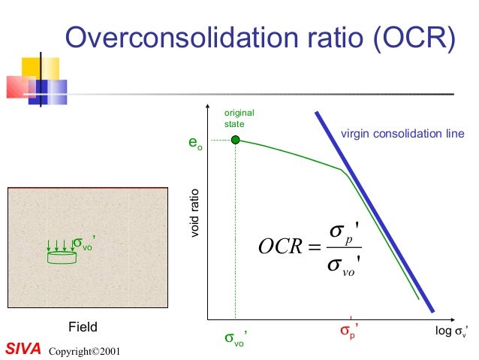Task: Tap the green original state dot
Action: tap(235, 140)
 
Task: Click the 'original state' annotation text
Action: tap(235, 118)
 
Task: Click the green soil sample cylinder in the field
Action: tap(61, 258)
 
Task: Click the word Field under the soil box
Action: tap(83, 327)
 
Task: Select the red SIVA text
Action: tap(23, 349)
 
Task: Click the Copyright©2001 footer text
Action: tap(83, 351)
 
